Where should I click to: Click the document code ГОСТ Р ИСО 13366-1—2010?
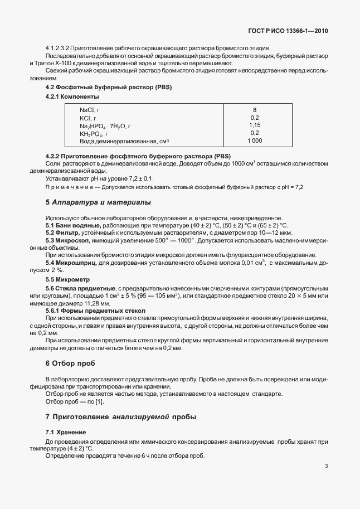[x=287, y=31]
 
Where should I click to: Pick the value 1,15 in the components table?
[x=255, y=125]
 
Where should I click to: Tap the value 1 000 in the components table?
[x=255, y=141]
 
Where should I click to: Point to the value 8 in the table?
[x=255, y=110]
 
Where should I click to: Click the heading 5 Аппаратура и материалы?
[x=98, y=202]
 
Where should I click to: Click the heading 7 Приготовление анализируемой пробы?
[x=120, y=416]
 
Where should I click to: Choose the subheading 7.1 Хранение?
[x=62, y=433]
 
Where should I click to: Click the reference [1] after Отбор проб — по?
[x=99, y=402]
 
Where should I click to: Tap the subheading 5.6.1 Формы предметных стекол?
[x=95, y=310]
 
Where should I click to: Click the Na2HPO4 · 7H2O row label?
[x=105, y=125]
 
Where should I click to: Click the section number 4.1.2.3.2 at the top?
[x=60, y=49]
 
